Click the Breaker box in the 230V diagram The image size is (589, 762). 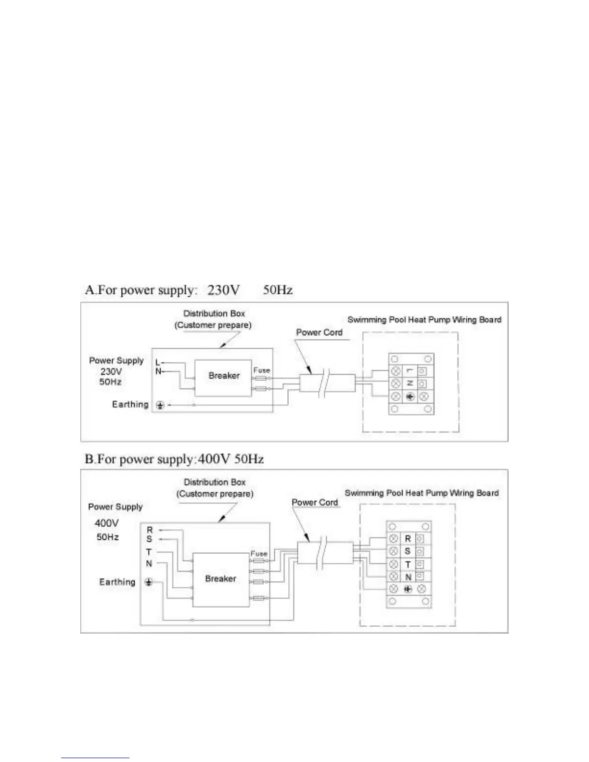click(223, 378)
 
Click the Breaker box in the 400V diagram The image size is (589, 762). click(220, 579)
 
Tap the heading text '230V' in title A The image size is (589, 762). click(224, 290)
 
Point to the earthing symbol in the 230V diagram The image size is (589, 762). click(160, 406)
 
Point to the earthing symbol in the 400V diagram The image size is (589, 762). click(149, 583)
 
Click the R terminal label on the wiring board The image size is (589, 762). click(408, 539)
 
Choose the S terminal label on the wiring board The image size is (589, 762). click(408, 551)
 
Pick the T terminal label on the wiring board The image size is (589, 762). click(408, 564)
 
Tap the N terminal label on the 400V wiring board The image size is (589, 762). click(408, 577)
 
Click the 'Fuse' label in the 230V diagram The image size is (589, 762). click(262, 370)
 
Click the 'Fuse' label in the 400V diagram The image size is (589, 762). click(259, 554)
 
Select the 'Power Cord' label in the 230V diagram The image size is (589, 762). click(319, 332)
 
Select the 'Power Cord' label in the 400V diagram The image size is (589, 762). click(315, 502)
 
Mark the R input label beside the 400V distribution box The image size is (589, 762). click(150, 530)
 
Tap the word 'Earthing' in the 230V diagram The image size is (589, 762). click(130, 405)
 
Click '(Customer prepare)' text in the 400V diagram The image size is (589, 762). click(215, 494)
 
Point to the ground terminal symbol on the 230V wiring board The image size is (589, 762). click(410, 397)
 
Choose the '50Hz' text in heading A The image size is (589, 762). click(278, 290)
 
